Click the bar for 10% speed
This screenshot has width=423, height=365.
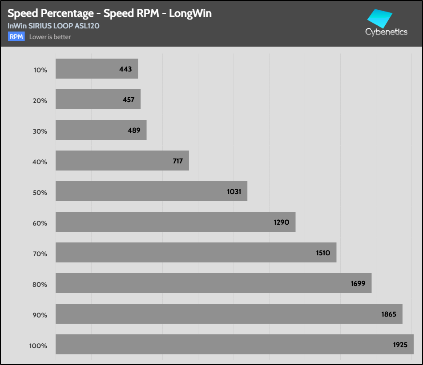pos(97,69)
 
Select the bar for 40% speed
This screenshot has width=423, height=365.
pos(122,161)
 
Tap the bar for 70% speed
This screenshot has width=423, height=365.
pos(196,252)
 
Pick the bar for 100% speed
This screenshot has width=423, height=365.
pos(234,344)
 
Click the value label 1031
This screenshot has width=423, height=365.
pos(234,192)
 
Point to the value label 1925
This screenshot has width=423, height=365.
pos(400,345)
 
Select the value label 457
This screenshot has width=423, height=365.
pos(129,100)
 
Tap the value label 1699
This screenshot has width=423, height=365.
pos(358,283)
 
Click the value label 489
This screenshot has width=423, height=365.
pos(134,131)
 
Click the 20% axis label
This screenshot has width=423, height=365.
pos(40,101)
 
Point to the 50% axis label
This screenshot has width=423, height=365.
pos(40,193)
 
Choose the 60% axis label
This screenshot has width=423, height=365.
pos(40,223)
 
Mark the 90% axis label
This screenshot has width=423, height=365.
pos(40,315)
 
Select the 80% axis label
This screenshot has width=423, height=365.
pos(40,285)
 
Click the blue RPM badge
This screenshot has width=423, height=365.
pos(16,37)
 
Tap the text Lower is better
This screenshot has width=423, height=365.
pos(50,37)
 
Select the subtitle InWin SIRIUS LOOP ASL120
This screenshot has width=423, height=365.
pos(53,26)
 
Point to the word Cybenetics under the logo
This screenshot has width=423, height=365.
pos(386,32)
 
